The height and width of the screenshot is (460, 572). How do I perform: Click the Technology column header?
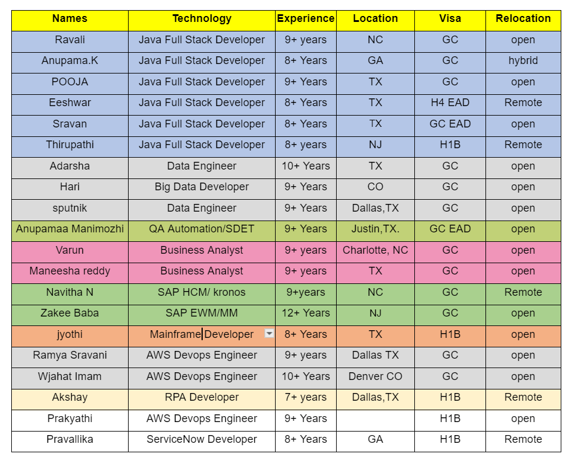tap(202, 19)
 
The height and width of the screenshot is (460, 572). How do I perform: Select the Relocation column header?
tap(523, 19)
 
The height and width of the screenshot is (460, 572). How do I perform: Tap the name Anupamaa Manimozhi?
tap(70, 229)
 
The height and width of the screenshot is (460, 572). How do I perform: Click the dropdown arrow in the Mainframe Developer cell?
tap(269, 334)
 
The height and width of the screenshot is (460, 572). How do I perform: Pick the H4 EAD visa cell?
tap(450, 103)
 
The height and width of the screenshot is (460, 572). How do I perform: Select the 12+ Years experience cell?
tap(305, 313)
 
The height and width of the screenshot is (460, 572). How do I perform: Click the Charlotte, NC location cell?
tap(375, 250)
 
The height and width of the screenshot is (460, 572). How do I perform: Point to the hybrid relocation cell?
tap(523, 60)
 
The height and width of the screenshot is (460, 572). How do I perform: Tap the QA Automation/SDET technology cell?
tap(202, 229)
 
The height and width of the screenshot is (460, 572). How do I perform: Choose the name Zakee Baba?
tap(70, 313)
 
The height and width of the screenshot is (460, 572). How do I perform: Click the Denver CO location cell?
tap(375, 376)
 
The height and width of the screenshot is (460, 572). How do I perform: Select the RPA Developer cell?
tap(202, 397)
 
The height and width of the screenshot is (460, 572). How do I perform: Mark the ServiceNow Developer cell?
tap(202, 439)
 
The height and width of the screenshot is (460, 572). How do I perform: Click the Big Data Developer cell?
tap(202, 187)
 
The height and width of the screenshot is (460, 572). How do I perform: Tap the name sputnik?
tap(70, 208)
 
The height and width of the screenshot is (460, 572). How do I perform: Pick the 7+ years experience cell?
tap(305, 397)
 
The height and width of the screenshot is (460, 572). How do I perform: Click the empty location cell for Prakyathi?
tap(375, 419)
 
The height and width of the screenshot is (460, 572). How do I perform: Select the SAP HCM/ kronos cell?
tap(202, 292)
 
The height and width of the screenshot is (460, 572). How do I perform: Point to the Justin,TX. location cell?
tap(375, 229)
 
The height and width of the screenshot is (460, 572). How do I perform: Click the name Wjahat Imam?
tap(70, 376)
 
